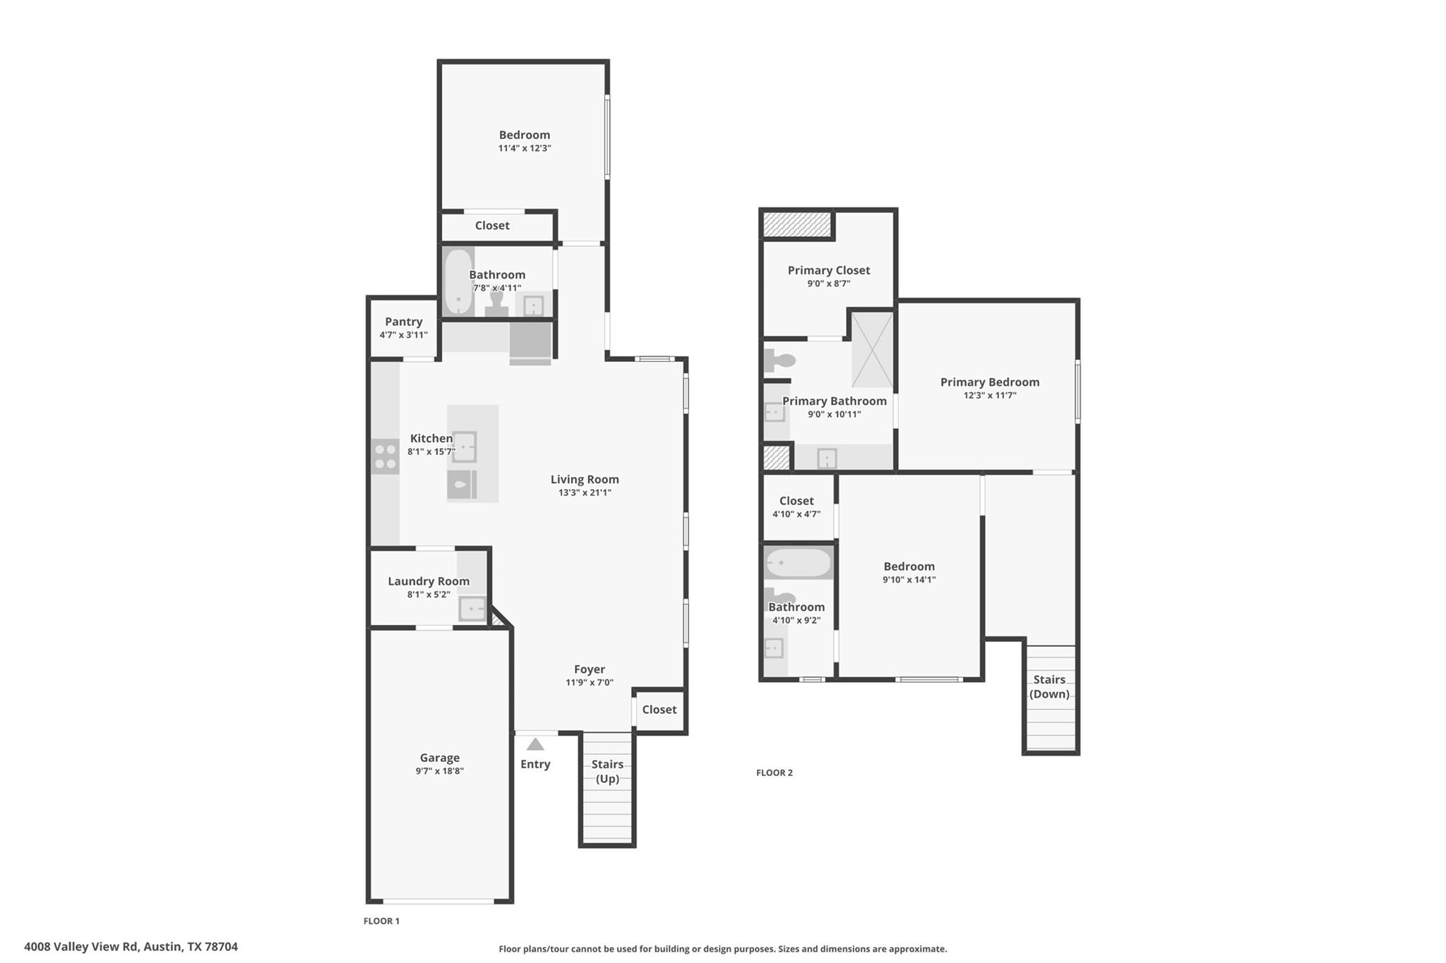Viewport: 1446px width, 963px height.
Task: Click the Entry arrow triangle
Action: pos(535,744)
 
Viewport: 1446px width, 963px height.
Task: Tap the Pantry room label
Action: pos(403,322)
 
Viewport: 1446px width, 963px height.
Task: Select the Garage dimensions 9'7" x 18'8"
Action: pos(439,771)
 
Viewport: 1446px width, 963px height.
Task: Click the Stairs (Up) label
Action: pos(607,771)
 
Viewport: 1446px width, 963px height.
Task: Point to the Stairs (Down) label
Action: pos(1049,686)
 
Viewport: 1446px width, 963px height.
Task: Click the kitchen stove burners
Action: pos(386,456)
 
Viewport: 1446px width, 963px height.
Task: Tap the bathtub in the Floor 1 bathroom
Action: pos(458,281)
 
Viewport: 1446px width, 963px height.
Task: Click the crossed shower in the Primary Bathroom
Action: pos(872,349)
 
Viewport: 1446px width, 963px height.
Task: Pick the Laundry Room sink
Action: pos(472,608)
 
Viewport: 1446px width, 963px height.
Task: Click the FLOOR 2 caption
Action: pos(774,773)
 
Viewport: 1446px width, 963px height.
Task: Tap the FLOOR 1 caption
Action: pos(381,921)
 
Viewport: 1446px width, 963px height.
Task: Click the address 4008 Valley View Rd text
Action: pos(131,947)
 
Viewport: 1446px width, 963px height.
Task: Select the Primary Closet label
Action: pos(828,270)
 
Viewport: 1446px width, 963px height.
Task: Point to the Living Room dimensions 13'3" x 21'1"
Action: pos(585,493)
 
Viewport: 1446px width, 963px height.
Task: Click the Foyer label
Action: pos(589,670)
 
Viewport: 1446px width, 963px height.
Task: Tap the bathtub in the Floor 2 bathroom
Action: pos(799,563)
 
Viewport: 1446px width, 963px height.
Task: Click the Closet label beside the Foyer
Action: pos(659,710)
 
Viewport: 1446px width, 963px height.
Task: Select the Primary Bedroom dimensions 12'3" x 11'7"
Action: pos(989,396)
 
